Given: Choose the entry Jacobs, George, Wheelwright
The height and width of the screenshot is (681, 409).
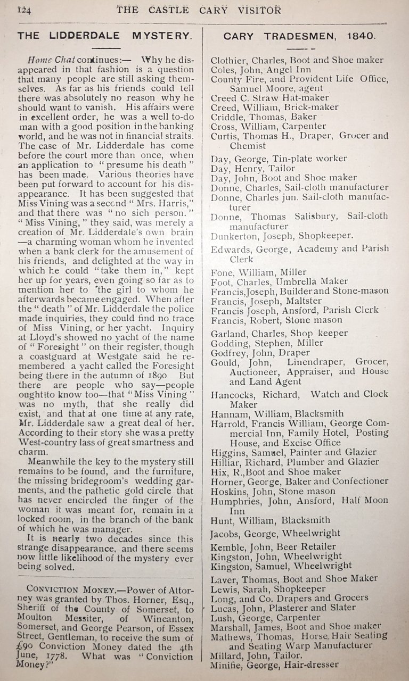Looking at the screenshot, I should point(270,532).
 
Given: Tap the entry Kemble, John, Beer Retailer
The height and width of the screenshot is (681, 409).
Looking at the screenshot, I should point(273,546).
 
